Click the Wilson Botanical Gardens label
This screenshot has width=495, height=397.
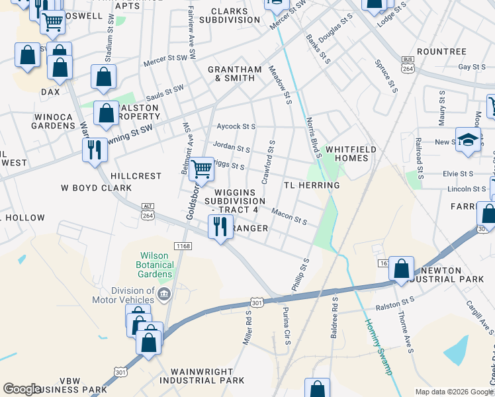[x=156, y=265]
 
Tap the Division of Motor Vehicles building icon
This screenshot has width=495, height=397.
[x=165, y=293]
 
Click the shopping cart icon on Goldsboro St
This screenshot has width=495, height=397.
[x=202, y=169]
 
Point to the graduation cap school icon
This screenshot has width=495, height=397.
[x=468, y=142]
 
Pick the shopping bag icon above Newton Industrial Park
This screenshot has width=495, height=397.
[x=401, y=269]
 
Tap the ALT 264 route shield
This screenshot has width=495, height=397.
[x=148, y=210]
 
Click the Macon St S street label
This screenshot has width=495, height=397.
[x=289, y=216]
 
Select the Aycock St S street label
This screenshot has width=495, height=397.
[x=236, y=126]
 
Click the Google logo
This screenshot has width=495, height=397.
[x=22, y=389]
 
